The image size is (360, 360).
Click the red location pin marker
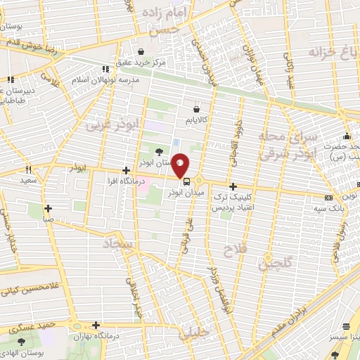click(181, 164)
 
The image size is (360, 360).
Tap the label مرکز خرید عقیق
click(142, 63)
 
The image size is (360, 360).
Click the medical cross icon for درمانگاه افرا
click(126, 170)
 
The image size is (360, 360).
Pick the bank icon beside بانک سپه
click(328, 197)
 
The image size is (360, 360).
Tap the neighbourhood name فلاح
click(232, 250)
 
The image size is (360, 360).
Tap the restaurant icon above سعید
click(29, 169)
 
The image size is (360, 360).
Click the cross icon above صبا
click(48, 208)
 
